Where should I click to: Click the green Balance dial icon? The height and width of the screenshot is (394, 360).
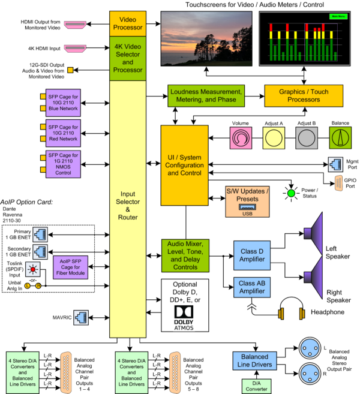pyautogui.click(x=340, y=139)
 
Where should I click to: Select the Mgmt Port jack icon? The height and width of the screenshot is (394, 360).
pyautogui.click(x=335, y=163)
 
